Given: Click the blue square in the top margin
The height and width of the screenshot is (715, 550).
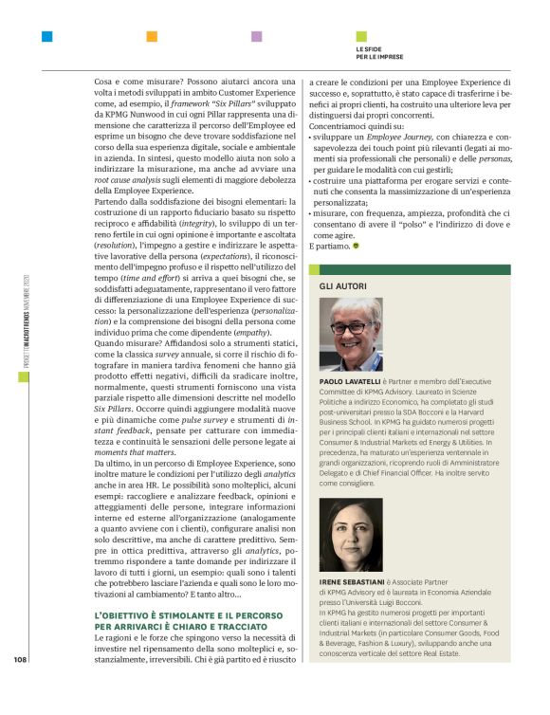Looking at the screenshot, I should point(46,37).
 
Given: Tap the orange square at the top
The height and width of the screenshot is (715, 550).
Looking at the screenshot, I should point(151,37).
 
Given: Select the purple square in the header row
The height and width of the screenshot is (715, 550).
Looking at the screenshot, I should point(256,37).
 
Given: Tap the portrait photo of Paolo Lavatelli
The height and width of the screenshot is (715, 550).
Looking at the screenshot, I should point(353,334).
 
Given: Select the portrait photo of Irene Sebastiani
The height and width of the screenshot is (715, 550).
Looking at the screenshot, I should point(353,534).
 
